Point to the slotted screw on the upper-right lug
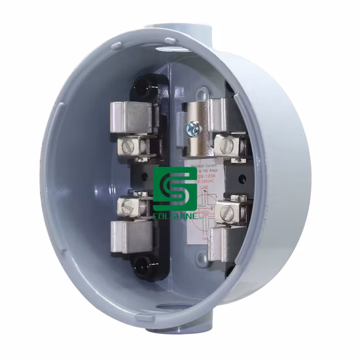pyautogui.click(x=226, y=141)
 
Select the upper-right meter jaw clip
pyautogui.click(x=206, y=115)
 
